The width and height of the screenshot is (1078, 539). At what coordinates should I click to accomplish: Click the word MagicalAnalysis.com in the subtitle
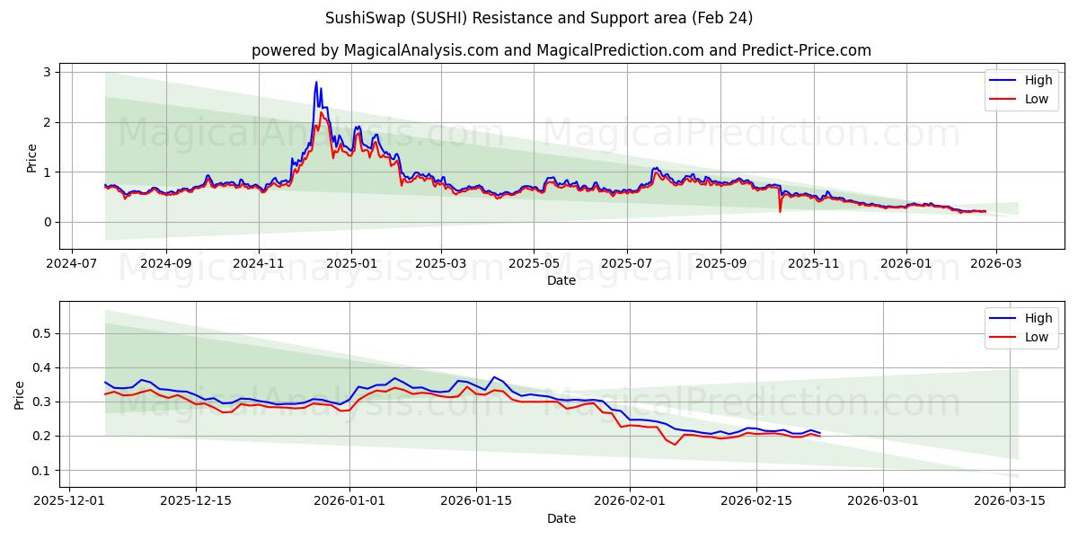pyautogui.click(x=420, y=50)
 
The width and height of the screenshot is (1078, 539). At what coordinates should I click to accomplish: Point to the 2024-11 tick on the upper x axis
pyautogui.click(x=259, y=265)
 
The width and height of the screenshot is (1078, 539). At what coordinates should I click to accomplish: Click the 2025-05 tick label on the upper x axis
pyautogui.click(x=534, y=265)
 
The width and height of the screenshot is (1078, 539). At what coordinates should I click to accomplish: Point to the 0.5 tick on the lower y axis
pyautogui.click(x=40, y=333)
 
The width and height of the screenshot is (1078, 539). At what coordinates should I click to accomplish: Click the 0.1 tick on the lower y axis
pyautogui.click(x=40, y=471)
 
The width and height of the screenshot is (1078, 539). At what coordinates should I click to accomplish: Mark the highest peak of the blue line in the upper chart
pyautogui.click(x=316, y=82)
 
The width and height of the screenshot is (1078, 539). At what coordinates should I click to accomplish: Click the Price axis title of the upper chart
pyautogui.click(x=32, y=156)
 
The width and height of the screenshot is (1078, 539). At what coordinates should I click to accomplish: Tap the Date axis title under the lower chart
pyautogui.click(x=561, y=518)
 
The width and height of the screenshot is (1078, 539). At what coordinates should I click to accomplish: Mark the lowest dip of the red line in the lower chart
pyautogui.click(x=675, y=445)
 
